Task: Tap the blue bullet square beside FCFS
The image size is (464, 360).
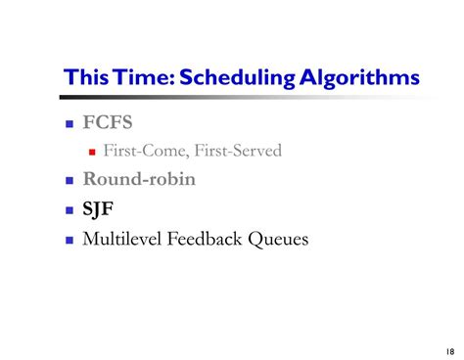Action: [70, 125]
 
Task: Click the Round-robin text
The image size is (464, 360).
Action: [138, 179]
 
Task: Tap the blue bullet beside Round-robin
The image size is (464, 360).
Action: [70, 181]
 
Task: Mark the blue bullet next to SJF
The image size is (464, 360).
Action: [70, 209]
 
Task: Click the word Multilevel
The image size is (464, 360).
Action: [125, 237]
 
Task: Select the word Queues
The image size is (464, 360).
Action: [283, 238]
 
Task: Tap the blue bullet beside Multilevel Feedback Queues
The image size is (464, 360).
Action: [70, 238]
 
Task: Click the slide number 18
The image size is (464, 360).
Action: [447, 350]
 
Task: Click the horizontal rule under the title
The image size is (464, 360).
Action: [245, 96]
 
